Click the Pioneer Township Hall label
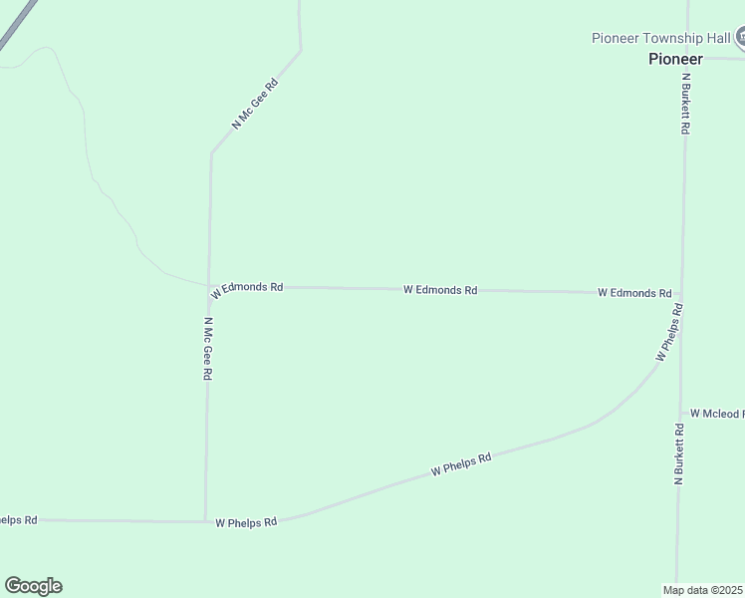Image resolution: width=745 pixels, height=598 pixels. (661, 38)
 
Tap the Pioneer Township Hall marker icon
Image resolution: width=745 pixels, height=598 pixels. (741, 38)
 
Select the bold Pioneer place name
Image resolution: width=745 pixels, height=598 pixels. (675, 59)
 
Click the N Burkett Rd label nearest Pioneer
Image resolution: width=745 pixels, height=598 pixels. (685, 103)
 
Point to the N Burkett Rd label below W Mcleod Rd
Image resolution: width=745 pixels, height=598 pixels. (679, 454)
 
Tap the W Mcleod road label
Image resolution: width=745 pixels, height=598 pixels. (716, 414)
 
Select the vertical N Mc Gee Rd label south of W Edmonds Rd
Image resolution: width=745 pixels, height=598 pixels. (208, 349)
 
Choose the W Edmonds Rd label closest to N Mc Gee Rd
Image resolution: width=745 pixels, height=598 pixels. (247, 288)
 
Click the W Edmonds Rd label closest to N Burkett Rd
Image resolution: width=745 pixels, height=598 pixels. (634, 293)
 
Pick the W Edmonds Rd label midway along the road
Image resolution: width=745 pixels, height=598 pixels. (440, 290)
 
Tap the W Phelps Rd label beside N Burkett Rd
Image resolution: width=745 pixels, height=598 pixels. (669, 333)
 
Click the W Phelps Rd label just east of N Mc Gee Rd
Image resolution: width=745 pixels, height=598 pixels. (246, 521)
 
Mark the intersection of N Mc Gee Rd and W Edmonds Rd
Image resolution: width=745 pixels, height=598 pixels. (208, 286)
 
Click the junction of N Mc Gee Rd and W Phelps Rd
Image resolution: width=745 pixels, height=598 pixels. (205, 520)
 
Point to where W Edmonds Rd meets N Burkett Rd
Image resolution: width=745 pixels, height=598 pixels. (682, 294)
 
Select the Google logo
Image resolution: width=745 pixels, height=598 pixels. (33, 586)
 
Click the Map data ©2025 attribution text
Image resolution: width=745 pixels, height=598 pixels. (703, 589)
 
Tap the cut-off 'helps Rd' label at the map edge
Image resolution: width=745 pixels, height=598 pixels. (18, 520)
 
